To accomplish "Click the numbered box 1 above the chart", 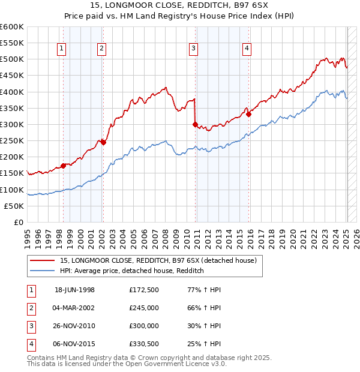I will pos(63,49).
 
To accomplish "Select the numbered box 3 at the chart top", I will pos(194,49).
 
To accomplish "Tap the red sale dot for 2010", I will pos(196,125).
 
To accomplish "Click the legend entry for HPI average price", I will pos(132,271).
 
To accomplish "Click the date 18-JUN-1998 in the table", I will pos(74,290).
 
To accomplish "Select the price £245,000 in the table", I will pos(143,308).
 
